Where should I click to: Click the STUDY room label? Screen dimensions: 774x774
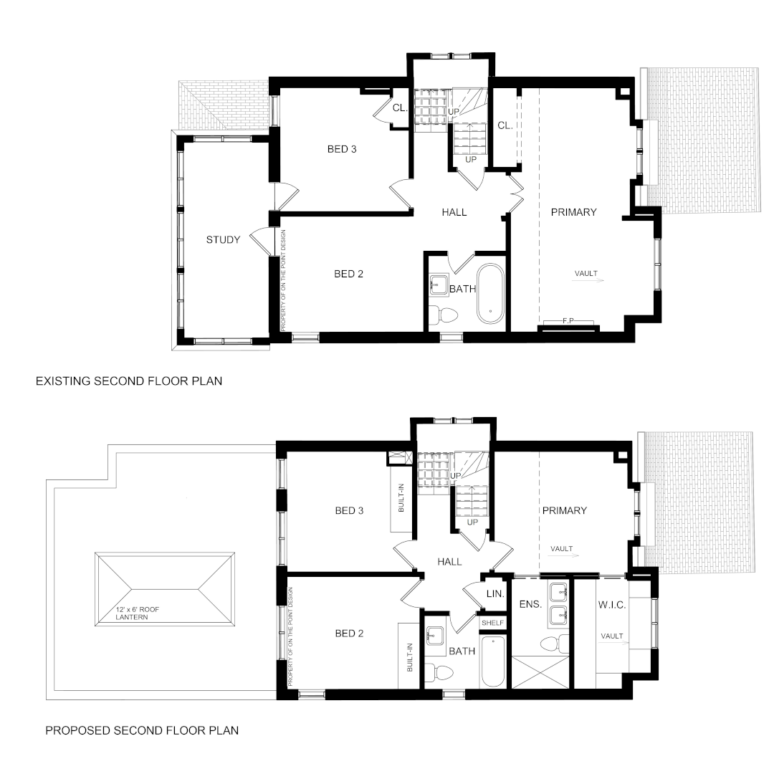223,240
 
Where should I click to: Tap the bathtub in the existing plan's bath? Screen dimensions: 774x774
490,295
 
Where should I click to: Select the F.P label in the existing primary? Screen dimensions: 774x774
568,321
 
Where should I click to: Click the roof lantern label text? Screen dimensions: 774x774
137,613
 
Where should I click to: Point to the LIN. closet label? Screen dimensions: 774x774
495,594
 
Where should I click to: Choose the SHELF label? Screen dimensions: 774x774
492,623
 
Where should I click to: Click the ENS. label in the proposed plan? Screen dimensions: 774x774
530,603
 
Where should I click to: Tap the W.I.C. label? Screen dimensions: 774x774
612,605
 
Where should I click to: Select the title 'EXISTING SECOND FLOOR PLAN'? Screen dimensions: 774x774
129,381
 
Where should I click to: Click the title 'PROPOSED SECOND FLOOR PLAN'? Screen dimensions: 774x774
142,730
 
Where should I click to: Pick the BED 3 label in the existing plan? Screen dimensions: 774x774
342,149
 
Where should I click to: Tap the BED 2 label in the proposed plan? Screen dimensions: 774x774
349,634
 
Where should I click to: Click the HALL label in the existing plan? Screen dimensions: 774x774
454,212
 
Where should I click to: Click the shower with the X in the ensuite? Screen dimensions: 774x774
541,672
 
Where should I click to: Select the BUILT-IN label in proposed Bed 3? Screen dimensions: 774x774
401,497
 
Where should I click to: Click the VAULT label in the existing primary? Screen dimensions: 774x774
586,274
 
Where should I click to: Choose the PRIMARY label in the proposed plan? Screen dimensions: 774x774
565,510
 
